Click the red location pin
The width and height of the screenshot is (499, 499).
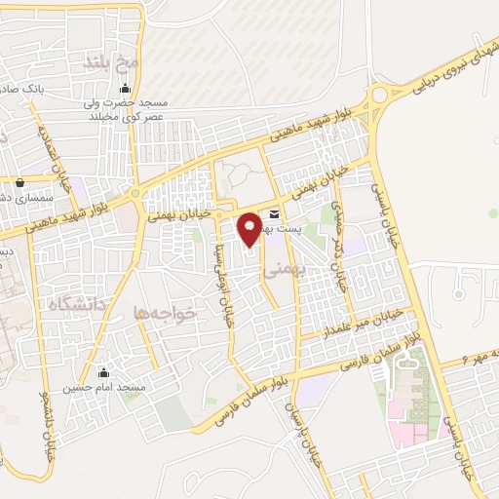pyautogui.click(x=249, y=227)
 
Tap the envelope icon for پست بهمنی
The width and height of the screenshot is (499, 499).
pyautogui.click(x=274, y=214)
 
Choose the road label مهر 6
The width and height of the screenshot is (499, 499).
pyautogui.click(x=478, y=355)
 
